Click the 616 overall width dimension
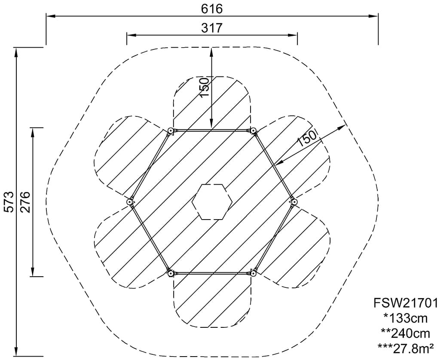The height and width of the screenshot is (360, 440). pyautogui.click(x=212, y=9)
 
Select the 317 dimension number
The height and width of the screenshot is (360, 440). pyautogui.click(x=212, y=28)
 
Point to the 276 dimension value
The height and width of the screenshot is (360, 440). pyautogui.click(x=25, y=202)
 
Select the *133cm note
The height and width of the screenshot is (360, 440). pyautogui.click(x=406, y=318)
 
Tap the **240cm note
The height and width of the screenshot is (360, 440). pyautogui.click(x=406, y=334)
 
